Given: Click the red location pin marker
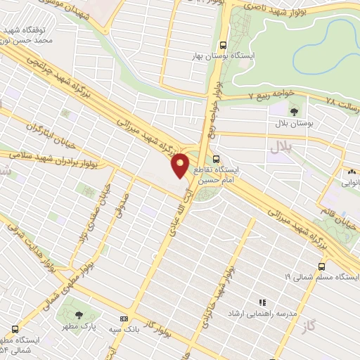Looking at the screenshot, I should click(181, 165).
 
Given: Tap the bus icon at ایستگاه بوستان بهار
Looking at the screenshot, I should click(224, 42).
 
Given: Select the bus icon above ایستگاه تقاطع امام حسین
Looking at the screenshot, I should click(217, 159).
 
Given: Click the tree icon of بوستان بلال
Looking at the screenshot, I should click(294, 110).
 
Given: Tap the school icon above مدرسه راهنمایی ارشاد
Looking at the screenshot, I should click(262, 302).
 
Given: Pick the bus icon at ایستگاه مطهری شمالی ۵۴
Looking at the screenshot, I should click(15, 328).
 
